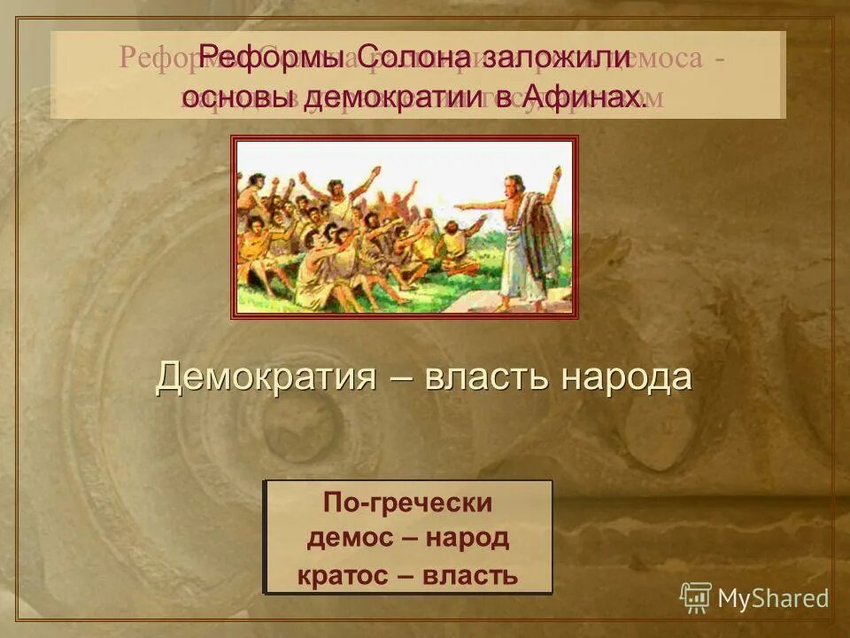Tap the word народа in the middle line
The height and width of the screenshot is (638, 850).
point(625,377)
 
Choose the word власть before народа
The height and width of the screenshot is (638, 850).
point(489,377)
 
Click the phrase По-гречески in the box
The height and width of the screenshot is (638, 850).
point(407,502)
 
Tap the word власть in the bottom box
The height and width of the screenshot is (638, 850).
point(470,575)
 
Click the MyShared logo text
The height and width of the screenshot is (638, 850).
point(773,598)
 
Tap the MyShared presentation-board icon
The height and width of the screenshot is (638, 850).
point(695,597)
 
